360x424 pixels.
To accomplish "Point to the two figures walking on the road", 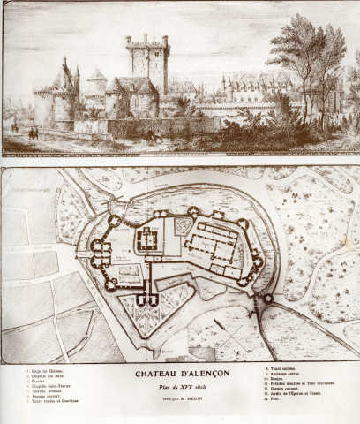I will click(x=33, y=133).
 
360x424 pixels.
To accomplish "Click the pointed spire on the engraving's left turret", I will click(x=63, y=64).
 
